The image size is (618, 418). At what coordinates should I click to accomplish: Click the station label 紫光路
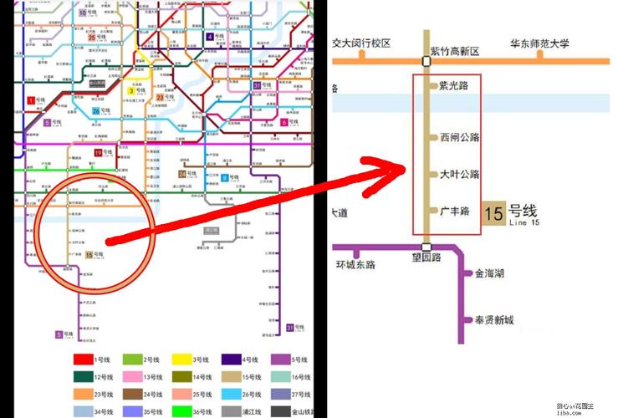click(x=453, y=86)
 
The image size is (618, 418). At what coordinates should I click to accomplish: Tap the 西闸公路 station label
click(x=459, y=137)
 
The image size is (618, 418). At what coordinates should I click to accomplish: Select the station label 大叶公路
click(x=459, y=175)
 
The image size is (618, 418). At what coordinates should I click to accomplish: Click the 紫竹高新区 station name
click(x=455, y=51)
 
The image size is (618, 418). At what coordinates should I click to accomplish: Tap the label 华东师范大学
click(x=540, y=44)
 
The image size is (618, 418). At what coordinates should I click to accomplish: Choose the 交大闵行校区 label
click(x=361, y=43)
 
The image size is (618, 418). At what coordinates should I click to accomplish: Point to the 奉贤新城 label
click(x=494, y=320)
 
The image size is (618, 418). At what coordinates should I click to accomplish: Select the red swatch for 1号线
click(x=83, y=360)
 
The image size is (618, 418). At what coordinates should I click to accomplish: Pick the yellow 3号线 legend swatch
click(x=183, y=360)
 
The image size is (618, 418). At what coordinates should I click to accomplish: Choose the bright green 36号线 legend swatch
click(x=183, y=410)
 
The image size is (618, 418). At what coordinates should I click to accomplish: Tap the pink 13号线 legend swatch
click(x=133, y=377)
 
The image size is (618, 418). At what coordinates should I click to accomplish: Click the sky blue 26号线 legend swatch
click(x=232, y=394)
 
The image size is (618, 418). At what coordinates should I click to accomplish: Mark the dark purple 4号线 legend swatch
click(x=232, y=360)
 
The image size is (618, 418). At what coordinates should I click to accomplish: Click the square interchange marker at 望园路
click(x=426, y=247)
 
